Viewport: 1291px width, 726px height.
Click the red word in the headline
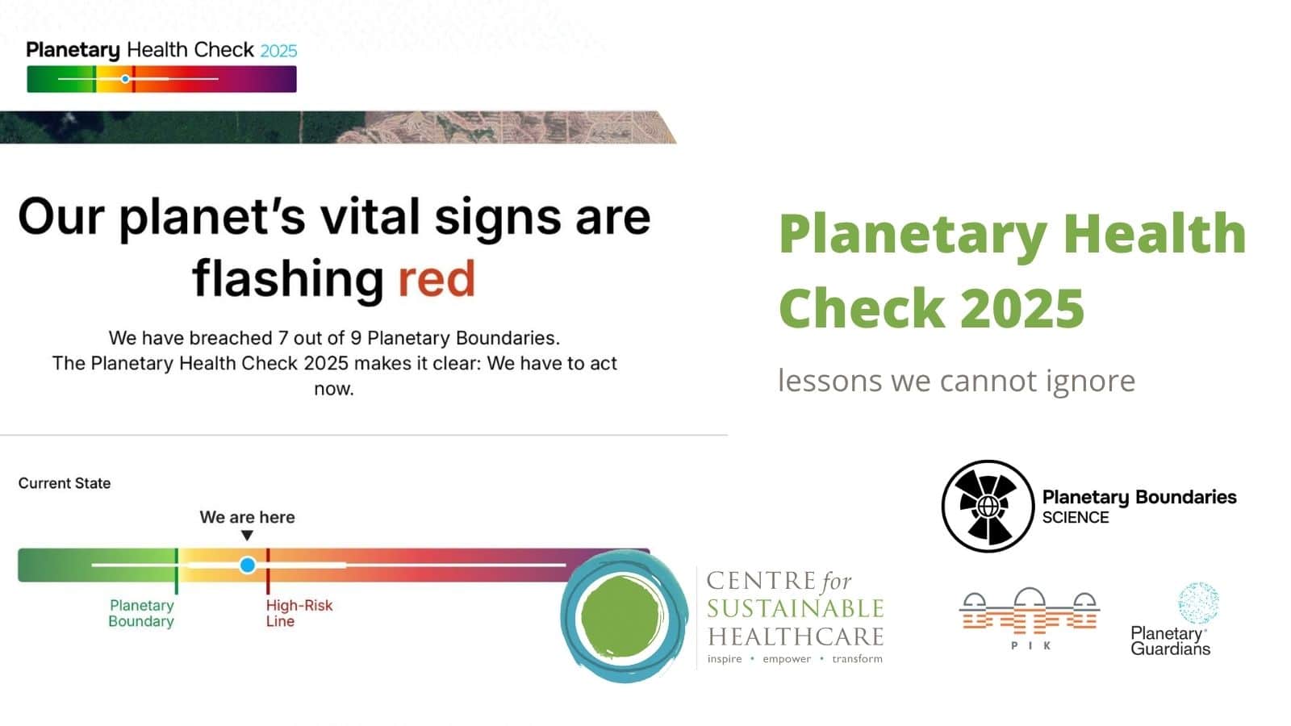(x=437, y=279)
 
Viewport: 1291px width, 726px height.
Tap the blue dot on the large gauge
(x=247, y=565)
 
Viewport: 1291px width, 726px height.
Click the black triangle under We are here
(x=247, y=536)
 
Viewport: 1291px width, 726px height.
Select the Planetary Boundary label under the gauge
(x=142, y=613)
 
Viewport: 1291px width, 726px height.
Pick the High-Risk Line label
(x=299, y=613)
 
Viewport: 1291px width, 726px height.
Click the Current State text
(x=65, y=483)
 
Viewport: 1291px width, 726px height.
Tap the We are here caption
(x=247, y=517)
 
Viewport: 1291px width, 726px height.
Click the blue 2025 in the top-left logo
(x=278, y=52)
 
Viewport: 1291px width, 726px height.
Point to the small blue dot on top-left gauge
(x=125, y=79)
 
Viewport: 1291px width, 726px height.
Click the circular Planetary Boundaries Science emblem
(x=988, y=506)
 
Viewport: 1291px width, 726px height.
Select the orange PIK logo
(x=1030, y=618)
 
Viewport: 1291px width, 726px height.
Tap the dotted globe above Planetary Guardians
(x=1198, y=603)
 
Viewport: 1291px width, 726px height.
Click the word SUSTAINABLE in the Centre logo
(x=796, y=608)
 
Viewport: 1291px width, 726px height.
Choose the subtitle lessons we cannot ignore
(x=956, y=380)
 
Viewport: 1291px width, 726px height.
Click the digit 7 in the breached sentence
(x=283, y=338)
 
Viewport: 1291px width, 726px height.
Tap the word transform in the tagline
(x=857, y=658)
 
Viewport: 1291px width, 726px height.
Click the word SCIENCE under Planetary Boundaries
(x=1076, y=517)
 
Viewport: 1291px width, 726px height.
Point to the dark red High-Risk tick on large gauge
(x=268, y=571)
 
